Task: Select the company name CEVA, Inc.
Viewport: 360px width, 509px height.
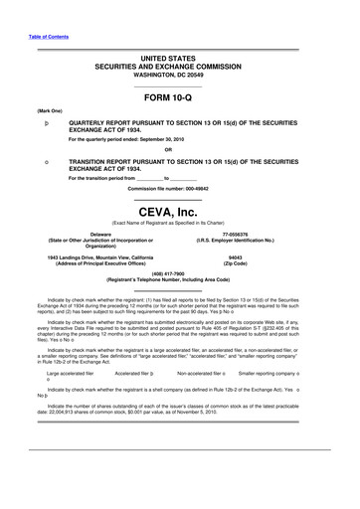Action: coord(179,212)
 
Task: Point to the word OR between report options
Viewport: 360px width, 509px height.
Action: coord(179,150)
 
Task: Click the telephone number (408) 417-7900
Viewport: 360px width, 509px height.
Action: coord(179,277)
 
